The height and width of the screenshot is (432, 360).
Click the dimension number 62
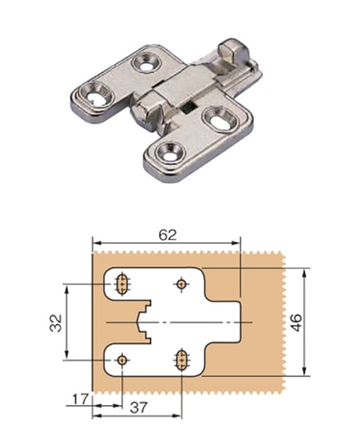pyautogui.click(x=167, y=235)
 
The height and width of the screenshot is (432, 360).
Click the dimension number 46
pyautogui.click(x=296, y=322)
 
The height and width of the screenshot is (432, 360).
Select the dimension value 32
pyautogui.click(x=56, y=322)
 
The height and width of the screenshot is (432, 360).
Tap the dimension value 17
pyautogui.click(x=81, y=399)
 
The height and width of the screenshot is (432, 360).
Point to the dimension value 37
pyautogui.click(x=139, y=408)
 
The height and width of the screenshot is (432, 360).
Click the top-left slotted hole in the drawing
pyautogui.click(x=122, y=284)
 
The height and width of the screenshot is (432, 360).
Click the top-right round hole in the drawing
pyautogui.click(x=181, y=284)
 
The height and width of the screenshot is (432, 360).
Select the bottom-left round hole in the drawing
pyautogui.click(x=122, y=360)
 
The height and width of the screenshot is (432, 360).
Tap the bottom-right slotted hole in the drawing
pyautogui.click(x=182, y=360)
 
